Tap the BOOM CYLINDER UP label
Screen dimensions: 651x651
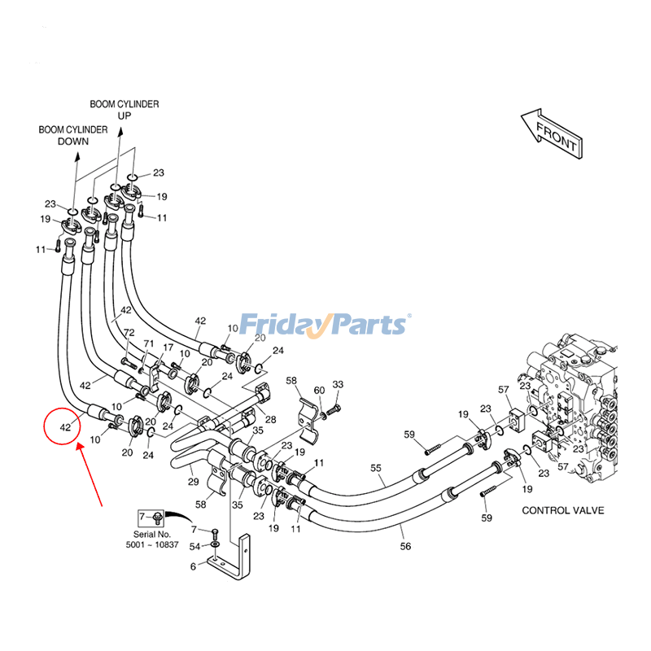(124, 110)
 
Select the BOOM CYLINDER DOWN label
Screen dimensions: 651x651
(72, 135)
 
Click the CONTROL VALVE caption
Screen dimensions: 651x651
(562, 510)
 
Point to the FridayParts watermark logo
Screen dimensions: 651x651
(325, 325)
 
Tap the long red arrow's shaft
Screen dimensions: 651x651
(91, 475)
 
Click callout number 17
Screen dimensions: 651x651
(168, 348)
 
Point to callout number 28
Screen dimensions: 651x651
(270, 420)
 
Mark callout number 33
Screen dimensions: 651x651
(338, 384)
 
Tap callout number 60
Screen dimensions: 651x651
(319, 391)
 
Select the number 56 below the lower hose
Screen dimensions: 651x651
(405, 547)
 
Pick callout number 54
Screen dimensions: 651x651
(194, 546)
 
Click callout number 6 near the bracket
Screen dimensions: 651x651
(193, 566)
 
